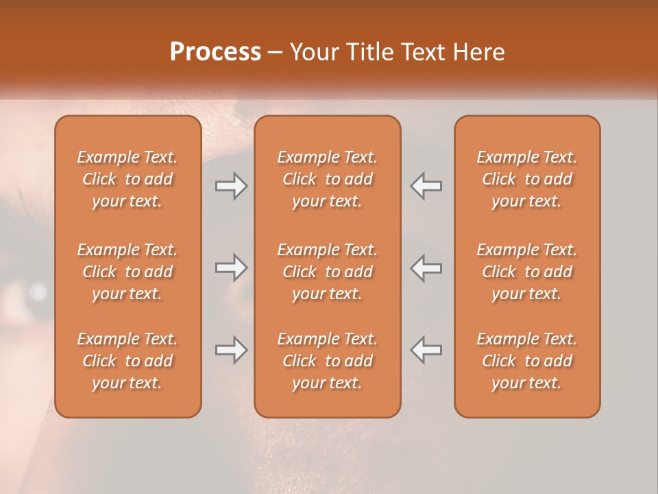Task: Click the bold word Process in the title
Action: [x=215, y=51]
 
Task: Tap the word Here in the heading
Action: [x=477, y=51]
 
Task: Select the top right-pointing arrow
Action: [x=231, y=186]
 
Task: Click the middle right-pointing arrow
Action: [x=231, y=268]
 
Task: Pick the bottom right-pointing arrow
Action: [x=231, y=350]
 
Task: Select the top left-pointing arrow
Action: [x=426, y=186]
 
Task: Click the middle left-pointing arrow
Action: [x=426, y=268]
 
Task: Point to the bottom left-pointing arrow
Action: [x=426, y=350]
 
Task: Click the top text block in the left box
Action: [x=127, y=179]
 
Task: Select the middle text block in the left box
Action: [x=127, y=272]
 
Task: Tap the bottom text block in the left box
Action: [x=127, y=361]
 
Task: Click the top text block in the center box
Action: [x=327, y=179]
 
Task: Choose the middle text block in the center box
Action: [x=327, y=272]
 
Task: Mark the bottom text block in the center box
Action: [x=327, y=361]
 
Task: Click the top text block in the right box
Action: [x=526, y=179]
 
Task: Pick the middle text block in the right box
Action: [x=526, y=272]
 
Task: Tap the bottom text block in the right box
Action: [x=526, y=361]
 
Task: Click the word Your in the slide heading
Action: [x=311, y=51]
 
